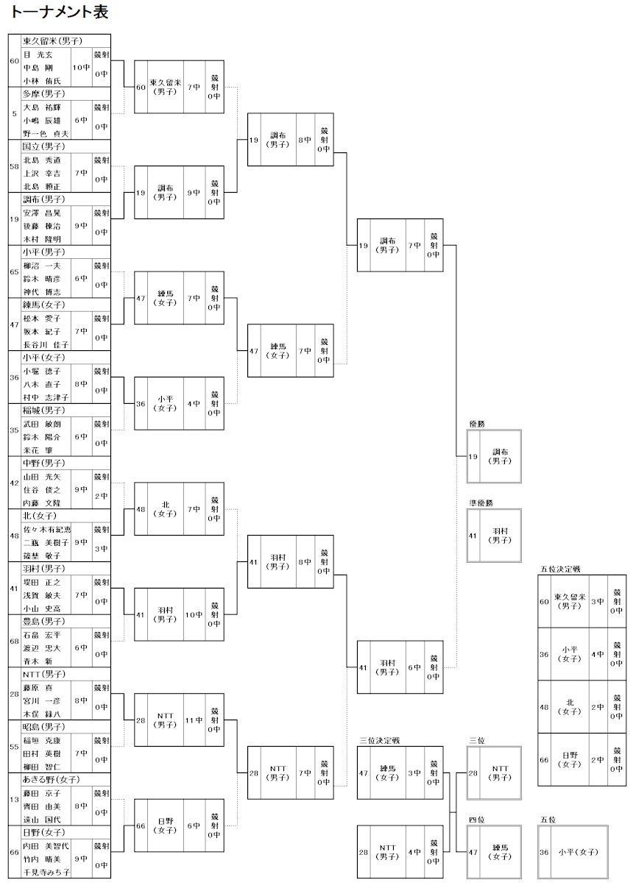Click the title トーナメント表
coord(55,13)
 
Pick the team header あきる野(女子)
coord(51,779)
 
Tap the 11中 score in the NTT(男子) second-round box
coord(194,720)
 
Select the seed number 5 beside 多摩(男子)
coord(15,113)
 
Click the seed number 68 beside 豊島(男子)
coord(15,641)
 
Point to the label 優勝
coord(477,424)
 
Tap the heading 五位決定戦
coord(560,569)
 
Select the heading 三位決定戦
coord(379,740)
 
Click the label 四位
coord(477,819)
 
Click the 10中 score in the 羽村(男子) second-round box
coord(194,615)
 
